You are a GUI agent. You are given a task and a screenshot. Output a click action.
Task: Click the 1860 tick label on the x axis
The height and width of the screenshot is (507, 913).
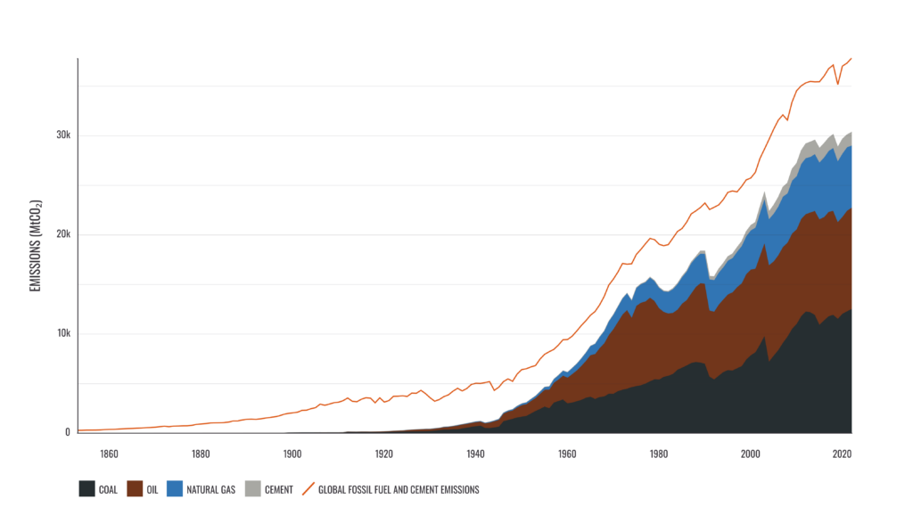109,454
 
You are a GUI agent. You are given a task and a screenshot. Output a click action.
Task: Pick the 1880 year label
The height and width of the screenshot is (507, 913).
201,454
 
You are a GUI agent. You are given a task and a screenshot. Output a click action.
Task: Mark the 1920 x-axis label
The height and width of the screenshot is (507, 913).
384,454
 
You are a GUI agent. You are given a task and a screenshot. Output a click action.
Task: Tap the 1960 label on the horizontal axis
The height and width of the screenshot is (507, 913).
567,454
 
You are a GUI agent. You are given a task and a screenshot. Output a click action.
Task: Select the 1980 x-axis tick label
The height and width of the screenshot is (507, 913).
659,454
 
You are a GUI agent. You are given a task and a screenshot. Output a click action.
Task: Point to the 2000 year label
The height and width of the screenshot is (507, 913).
751,454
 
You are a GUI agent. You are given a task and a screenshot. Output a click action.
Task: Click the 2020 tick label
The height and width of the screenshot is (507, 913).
842,454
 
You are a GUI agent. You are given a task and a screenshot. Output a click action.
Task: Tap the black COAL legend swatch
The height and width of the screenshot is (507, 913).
86,488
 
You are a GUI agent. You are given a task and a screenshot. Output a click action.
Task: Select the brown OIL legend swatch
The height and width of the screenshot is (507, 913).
136,488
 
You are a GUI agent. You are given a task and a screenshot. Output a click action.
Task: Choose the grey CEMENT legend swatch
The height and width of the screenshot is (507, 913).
253,488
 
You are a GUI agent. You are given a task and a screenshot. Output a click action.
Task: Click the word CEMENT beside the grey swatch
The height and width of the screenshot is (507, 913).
278,489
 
